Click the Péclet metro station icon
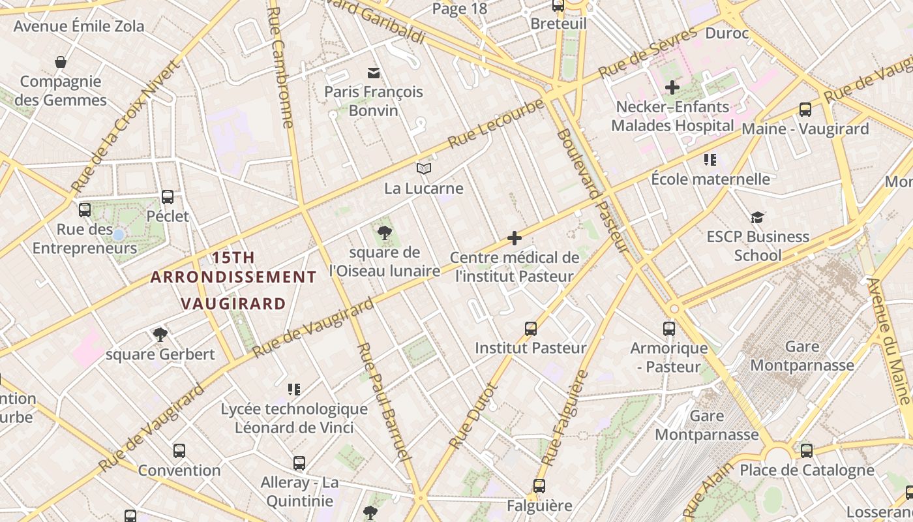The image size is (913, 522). click(168, 196)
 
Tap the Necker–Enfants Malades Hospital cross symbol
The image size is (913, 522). click(672, 87)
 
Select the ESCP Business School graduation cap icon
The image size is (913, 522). click(757, 217)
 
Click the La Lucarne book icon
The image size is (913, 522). click(424, 169)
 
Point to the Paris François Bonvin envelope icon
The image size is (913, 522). click(374, 72)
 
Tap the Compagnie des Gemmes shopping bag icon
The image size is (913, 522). click(61, 62)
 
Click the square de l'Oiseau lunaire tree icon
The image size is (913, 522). click(385, 232)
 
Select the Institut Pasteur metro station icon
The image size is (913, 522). click(531, 328)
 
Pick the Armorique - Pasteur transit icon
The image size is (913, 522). click(669, 328)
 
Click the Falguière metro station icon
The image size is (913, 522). click(539, 485)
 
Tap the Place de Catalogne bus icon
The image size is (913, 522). click(807, 450)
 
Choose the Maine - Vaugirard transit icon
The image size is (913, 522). click(805, 110)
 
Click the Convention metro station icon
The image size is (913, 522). click(179, 450)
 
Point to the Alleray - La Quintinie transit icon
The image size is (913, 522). click(299, 463)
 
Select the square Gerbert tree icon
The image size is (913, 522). click(160, 335)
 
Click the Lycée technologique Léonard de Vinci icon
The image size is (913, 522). click(294, 390)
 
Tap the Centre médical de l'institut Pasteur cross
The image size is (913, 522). click(515, 238)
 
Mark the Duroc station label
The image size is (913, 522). click(727, 33)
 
